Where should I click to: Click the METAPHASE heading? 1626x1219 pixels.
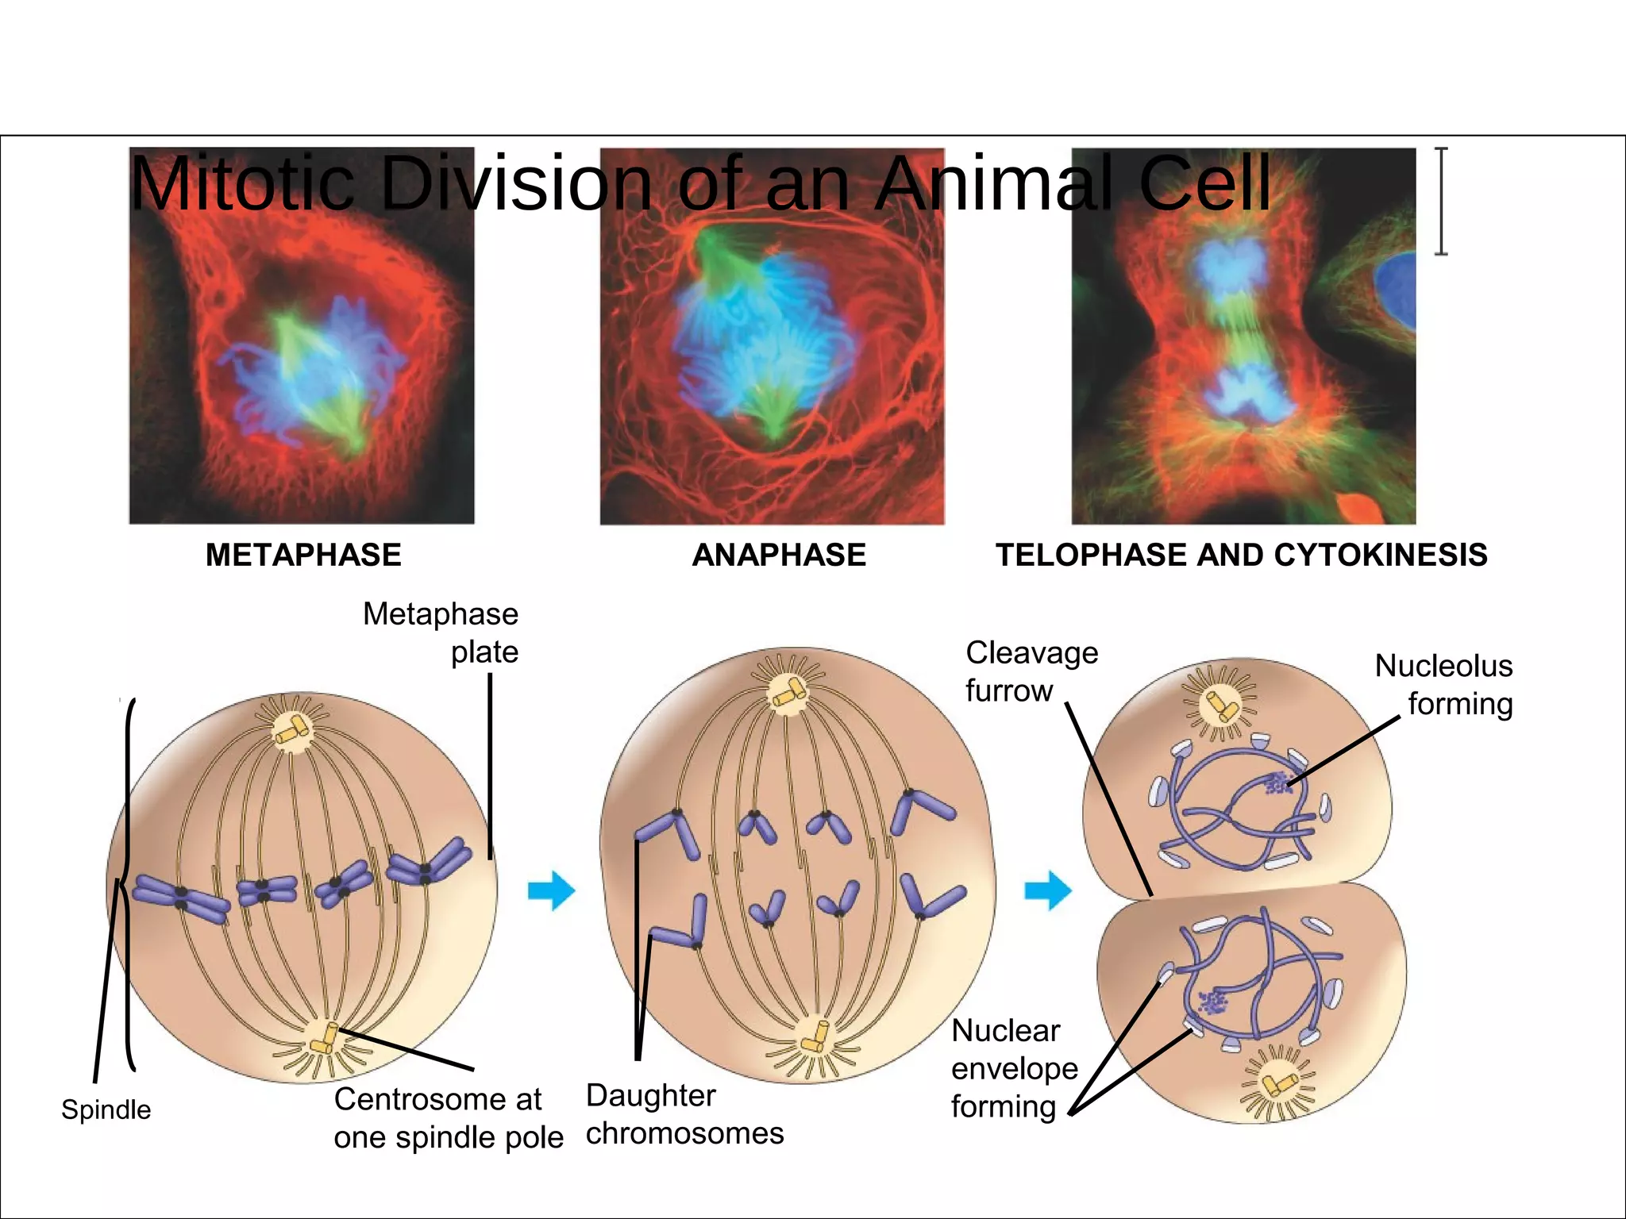pos(303,555)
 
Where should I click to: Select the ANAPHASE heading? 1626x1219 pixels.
pos(779,555)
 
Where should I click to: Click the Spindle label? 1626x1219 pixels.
pos(106,1109)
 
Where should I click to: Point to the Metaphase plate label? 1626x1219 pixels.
pos(441,633)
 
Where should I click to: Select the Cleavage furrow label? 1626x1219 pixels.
pos(1031,671)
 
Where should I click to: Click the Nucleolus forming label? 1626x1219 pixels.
pos(1444,684)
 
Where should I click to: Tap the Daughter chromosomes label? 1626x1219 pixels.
pos(684,1114)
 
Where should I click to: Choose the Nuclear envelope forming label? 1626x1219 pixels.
pos(1014,1068)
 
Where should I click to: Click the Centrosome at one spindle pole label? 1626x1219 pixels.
pos(449,1118)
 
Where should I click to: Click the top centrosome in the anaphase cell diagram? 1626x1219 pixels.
pos(788,693)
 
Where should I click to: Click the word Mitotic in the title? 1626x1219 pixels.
pos(242,184)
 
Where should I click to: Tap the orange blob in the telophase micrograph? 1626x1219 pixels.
pos(1360,507)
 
